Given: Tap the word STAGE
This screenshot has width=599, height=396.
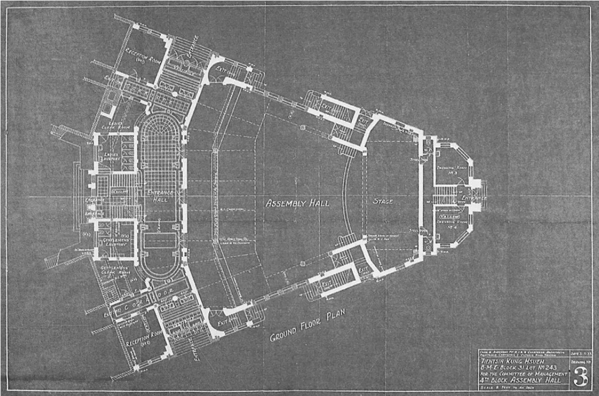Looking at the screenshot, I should click(x=382, y=201).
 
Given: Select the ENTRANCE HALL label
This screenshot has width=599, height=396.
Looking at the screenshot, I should click(x=160, y=195).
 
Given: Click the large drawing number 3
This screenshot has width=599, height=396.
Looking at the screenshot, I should click(x=581, y=377).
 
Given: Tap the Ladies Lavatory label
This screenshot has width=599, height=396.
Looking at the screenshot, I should click(x=110, y=156).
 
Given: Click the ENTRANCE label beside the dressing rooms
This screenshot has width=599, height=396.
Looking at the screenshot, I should click(x=473, y=199).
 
